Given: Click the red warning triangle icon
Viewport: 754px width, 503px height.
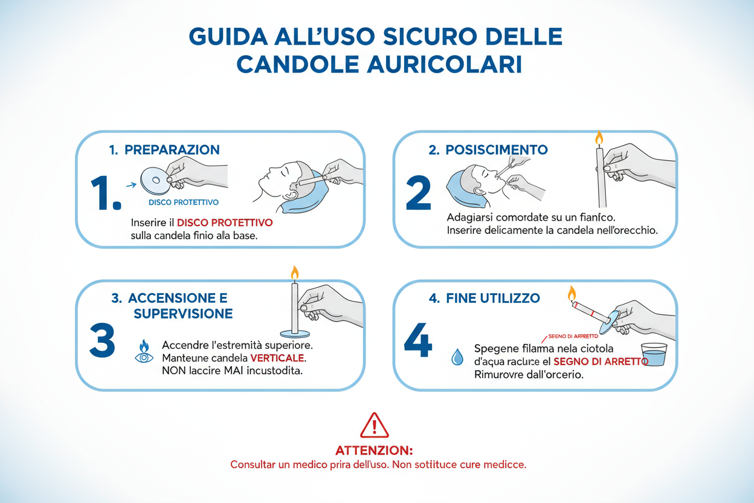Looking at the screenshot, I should pyautogui.click(x=375, y=426).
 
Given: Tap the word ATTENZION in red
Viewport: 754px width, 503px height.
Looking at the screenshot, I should pyautogui.click(x=374, y=451).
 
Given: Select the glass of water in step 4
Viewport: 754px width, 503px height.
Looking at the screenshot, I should pyautogui.click(x=653, y=355).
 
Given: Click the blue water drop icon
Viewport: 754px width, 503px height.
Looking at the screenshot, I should pyautogui.click(x=457, y=357).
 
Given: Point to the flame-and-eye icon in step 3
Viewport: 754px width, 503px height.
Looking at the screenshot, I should pyautogui.click(x=144, y=351).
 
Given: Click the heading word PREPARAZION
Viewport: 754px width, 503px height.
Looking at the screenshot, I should pyautogui.click(x=172, y=149).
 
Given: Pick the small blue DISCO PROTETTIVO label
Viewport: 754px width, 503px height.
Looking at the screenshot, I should pyautogui.click(x=184, y=202).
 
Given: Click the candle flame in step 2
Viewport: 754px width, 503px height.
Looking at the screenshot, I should pyautogui.click(x=599, y=138).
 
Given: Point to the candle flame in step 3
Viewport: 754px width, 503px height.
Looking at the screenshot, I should pyautogui.click(x=295, y=273).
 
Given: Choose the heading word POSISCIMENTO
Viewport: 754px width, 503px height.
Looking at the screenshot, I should pyautogui.click(x=497, y=149).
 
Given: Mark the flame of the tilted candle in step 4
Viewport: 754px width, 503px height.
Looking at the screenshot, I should pyautogui.click(x=572, y=294).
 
